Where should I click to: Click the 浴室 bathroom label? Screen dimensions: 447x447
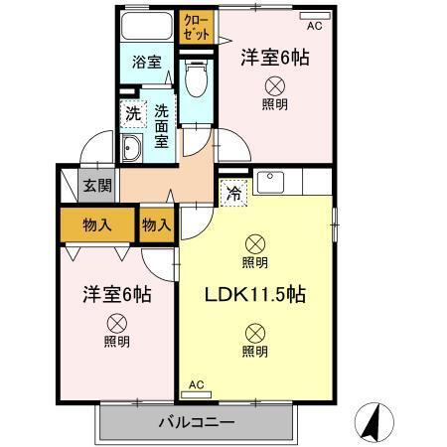coord(147,62)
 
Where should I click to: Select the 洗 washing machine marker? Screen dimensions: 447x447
coord(131,113)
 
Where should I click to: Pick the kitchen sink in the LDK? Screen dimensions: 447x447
coord(270,183)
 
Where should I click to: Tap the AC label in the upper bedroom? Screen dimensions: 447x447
coord(315,25)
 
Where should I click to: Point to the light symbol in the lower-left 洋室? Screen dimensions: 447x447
coord(116,322)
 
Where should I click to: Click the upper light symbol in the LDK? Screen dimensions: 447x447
coord(255,242)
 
